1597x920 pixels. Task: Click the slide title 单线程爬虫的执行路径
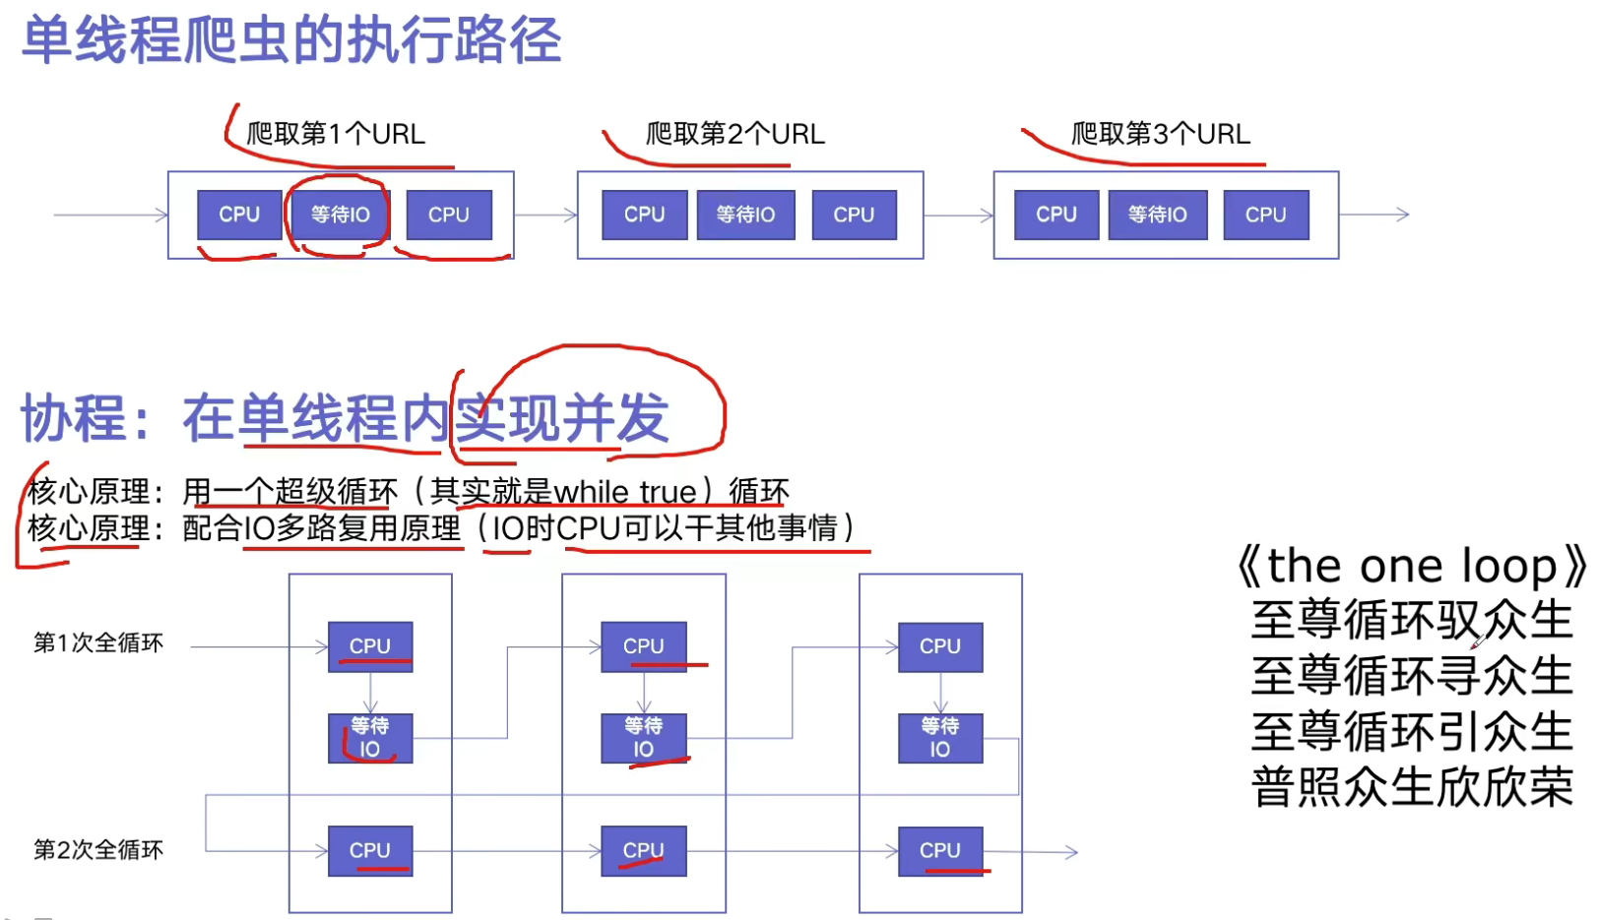tap(291, 41)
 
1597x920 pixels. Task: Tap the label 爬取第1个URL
tap(336, 134)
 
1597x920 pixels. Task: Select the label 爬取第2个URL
tap(735, 134)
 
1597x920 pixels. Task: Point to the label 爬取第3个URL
tap(1160, 134)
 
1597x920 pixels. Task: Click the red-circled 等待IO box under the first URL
tap(340, 215)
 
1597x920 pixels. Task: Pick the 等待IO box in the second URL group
tap(745, 215)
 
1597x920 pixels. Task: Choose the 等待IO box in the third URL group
tap(1157, 215)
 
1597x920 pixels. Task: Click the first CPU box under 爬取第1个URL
tap(239, 215)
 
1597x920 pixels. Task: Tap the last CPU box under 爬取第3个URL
tap(1265, 215)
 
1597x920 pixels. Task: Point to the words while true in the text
tap(625, 491)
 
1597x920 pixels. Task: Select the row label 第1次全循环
tap(98, 644)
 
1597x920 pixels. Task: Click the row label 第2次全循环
tap(98, 850)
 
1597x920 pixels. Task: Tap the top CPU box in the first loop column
tap(370, 646)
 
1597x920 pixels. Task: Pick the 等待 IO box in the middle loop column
tap(643, 738)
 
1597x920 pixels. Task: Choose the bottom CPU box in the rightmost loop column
tap(940, 850)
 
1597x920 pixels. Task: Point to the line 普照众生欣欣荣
tap(1412, 787)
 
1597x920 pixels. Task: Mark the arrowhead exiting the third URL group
tap(1403, 215)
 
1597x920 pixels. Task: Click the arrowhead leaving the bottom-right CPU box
tap(1072, 852)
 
